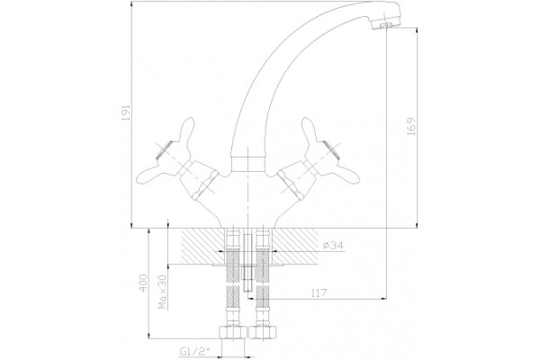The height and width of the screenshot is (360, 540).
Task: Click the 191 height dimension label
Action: pyautogui.click(x=126, y=112)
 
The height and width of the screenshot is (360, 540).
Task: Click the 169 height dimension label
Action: pyautogui.click(x=411, y=127)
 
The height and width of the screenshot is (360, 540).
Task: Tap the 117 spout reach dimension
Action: pyautogui.click(x=319, y=293)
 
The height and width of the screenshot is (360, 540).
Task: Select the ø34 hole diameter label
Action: pyautogui.click(x=333, y=246)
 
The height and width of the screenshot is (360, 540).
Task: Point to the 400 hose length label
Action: pyautogui.click(x=143, y=283)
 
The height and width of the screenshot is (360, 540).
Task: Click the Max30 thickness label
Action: pyautogui.click(x=163, y=292)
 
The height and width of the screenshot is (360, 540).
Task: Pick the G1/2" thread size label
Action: pyautogui.click(x=196, y=351)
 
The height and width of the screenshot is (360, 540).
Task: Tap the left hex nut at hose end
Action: pyautogui.click(x=233, y=332)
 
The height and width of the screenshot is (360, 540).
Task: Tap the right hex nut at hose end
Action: pyautogui.click(x=263, y=332)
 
